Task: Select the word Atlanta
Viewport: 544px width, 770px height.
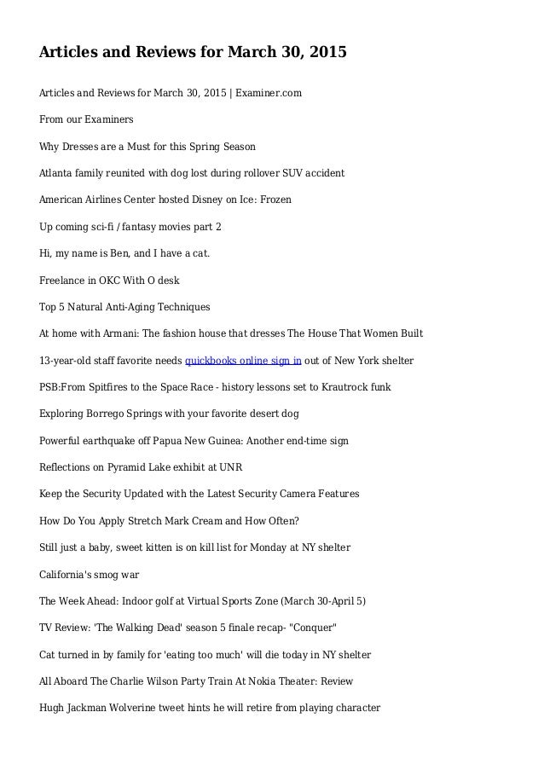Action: [x=58, y=173]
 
